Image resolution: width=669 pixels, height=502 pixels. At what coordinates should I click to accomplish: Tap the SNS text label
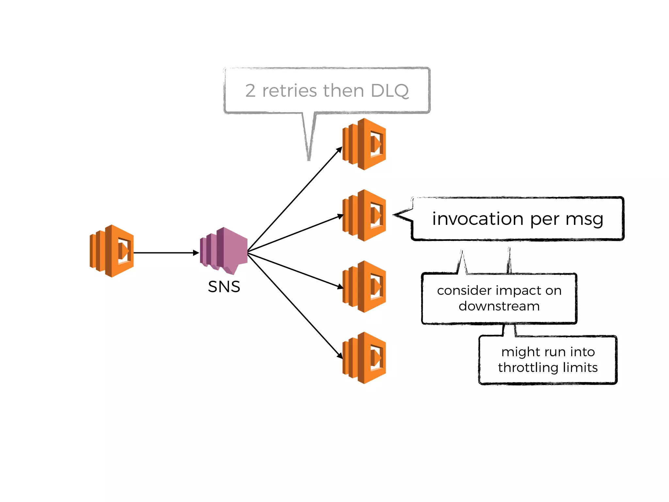click(x=224, y=287)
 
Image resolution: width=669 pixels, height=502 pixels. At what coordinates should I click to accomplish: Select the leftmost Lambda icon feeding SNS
click(x=112, y=251)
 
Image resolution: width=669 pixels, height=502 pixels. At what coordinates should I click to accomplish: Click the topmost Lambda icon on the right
click(x=364, y=144)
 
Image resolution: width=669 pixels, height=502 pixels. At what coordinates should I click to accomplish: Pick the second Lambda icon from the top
click(x=364, y=215)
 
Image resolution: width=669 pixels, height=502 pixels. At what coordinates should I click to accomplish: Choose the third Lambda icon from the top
click(x=364, y=287)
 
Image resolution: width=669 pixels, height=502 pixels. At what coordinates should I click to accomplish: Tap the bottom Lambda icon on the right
click(x=364, y=358)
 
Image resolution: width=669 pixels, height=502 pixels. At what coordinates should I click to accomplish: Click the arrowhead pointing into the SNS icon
click(x=196, y=253)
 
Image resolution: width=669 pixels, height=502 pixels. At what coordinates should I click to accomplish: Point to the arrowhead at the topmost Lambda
click(x=339, y=150)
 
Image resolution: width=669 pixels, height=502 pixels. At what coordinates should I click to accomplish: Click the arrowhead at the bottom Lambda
click(x=340, y=356)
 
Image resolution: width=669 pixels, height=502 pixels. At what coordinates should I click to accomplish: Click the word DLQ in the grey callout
click(x=390, y=91)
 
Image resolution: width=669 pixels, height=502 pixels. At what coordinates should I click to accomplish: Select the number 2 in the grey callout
click(x=250, y=91)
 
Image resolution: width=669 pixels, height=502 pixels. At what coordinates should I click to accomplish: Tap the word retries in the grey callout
click(x=290, y=91)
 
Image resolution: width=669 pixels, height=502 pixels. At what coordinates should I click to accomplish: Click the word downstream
click(x=499, y=306)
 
